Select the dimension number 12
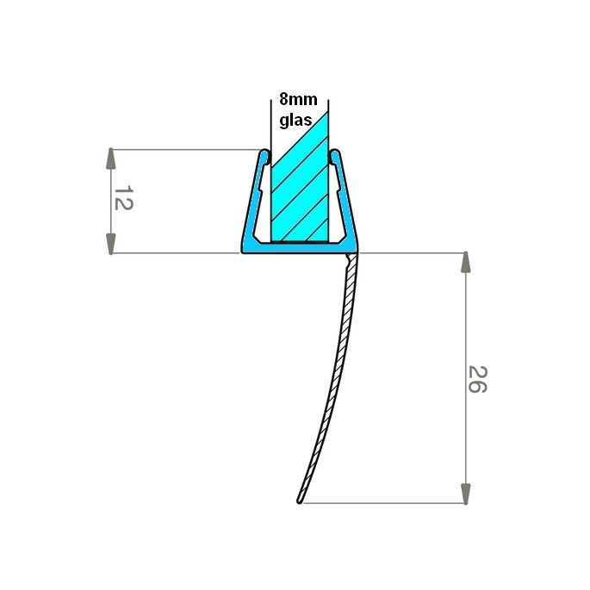click(124, 200)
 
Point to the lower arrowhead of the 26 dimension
click(466, 493)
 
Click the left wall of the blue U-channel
click(253, 202)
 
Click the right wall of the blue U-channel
click(345, 202)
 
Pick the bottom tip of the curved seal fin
click(301, 499)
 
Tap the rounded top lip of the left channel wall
click(264, 156)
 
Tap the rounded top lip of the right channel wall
click(335, 156)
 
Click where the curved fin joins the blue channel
click(351, 257)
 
